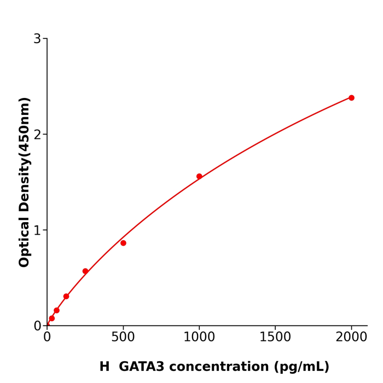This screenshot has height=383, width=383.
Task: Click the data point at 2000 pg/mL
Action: click(x=351, y=98)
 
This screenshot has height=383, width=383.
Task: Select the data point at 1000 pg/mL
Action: click(x=199, y=176)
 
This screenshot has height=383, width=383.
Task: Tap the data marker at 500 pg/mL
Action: click(x=123, y=243)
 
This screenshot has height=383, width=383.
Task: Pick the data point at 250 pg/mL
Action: click(x=85, y=271)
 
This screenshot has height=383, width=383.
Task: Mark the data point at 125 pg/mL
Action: click(x=66, y=297)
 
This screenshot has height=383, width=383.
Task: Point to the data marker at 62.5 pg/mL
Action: click(x=56, y=310)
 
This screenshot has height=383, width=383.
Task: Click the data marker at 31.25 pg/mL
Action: click(x=52, y=318)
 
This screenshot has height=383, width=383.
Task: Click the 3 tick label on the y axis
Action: click(x=37, y=39)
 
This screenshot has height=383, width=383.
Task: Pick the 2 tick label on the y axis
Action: click(x=37, y=135)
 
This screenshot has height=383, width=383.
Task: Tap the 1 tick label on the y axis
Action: click(x=37, y=230)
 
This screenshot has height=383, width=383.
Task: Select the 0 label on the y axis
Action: click(x=37, y=326)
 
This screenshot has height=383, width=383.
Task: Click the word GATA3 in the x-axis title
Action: click(x=141, y=367)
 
